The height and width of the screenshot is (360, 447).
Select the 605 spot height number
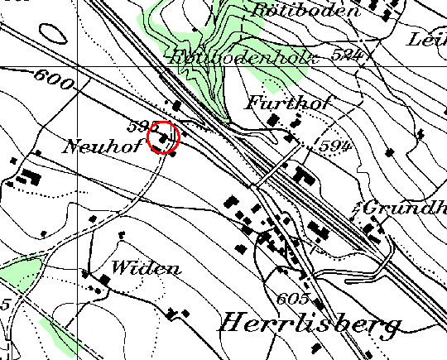point(293,299)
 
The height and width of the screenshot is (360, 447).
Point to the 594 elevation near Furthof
point(329,146)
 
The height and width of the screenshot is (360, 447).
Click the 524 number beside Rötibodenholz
point(349,55)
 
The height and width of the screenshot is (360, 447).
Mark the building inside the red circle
point(166,139)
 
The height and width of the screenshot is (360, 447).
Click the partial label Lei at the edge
point(428,40)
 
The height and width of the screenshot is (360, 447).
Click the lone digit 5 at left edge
point(4,305)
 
